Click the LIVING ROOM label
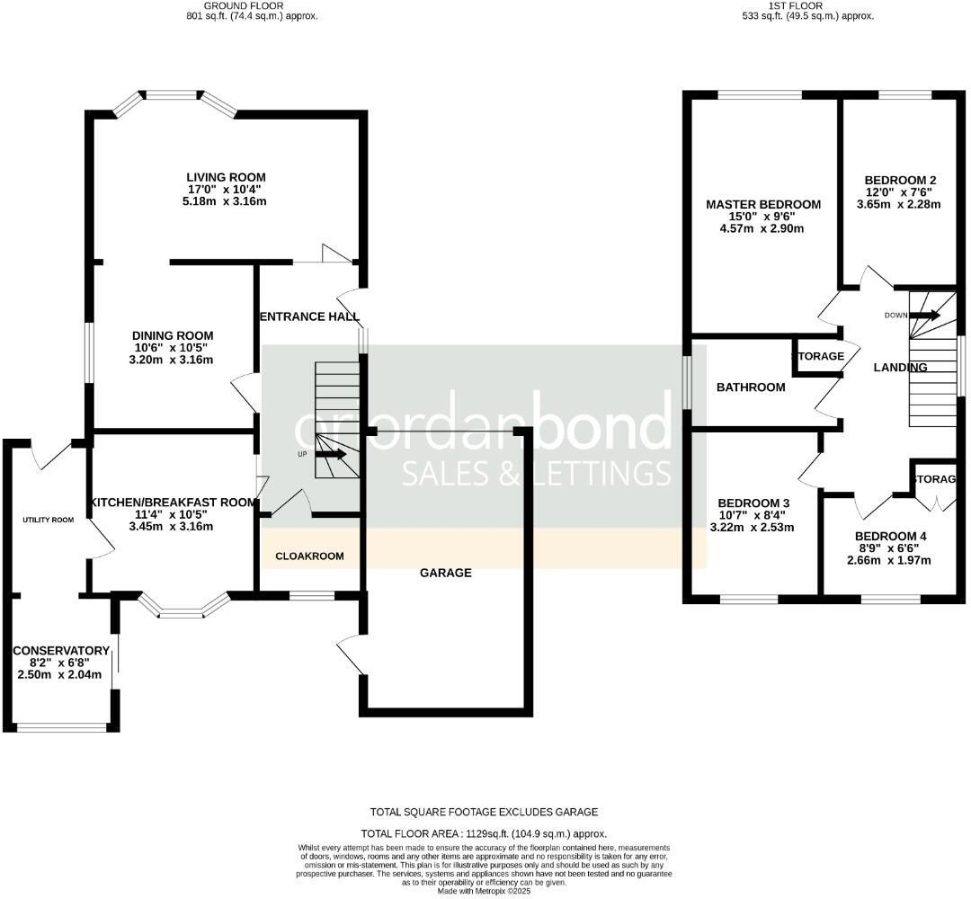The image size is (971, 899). coord(226,177)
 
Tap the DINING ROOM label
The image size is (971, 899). coord(174,336)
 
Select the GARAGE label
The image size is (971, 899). coord(446,573)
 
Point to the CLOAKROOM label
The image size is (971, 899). coord(309,556)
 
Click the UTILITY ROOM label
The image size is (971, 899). coord(49,520)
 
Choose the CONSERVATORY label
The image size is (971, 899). coord(60,651)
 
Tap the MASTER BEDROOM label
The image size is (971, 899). coord(762,205)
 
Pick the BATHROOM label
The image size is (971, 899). coord(750,387)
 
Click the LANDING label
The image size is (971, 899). coord(900,368)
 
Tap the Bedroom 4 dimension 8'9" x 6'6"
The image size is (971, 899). coord(890,548)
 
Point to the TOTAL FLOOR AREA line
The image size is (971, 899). coord(483,833)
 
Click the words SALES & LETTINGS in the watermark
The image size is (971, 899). coord(536,473)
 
